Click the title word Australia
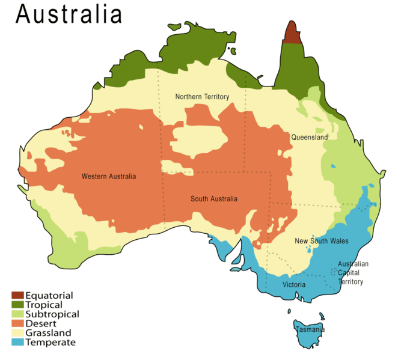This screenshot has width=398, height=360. [x=69, y=14]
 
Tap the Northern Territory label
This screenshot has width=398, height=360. [x=202, y=97]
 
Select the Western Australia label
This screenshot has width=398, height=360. [x=109, y=177]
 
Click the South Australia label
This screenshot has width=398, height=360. [x=214, y=199]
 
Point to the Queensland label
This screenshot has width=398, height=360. [x=310, y=138]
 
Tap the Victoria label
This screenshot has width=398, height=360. [x=294, y=284]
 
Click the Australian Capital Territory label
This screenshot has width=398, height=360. [x=352, y=272]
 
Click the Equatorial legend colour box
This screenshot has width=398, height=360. [x=17, y=295]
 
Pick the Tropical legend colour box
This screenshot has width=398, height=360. [x=17, y=305]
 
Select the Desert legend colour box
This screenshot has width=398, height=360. [x=17, y=323]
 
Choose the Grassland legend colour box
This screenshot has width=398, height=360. [x=17, y=333]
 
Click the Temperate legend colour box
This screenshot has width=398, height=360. [x=17, y=343]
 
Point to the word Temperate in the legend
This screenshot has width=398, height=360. [x=51, y=343]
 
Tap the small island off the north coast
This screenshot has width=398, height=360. [x=175, y=26]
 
